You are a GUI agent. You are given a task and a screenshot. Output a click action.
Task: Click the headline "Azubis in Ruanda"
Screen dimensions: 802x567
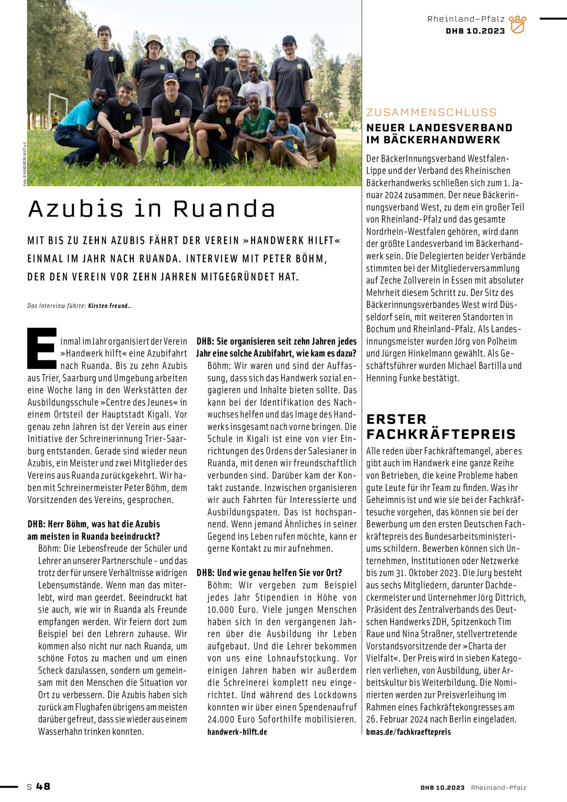(152, 209)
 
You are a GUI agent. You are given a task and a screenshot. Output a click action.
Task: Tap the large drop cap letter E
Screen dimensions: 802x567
(42, 348)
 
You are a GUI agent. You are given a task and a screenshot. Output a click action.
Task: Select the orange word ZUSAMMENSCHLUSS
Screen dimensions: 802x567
(431, 112)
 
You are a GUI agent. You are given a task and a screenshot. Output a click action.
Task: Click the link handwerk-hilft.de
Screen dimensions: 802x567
(237, 732)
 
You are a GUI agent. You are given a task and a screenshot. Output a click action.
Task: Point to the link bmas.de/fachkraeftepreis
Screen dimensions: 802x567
(408, 732)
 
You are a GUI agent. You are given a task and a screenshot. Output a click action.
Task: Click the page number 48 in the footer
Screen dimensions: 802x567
(43, 786)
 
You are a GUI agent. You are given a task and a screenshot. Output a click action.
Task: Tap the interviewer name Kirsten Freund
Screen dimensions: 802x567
(109, 306)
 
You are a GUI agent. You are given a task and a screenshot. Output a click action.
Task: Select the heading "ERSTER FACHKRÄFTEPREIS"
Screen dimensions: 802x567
(441, 426)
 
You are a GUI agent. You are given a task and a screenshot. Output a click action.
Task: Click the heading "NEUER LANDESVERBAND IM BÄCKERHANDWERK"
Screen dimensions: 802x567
(439, 133)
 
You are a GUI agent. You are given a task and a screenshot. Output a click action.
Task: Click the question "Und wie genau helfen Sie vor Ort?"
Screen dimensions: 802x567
(269, 573)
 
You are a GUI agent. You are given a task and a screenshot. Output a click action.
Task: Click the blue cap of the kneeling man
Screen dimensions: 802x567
(171, 77)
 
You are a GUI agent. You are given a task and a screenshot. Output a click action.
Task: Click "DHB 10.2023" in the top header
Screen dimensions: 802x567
(475, 31)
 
